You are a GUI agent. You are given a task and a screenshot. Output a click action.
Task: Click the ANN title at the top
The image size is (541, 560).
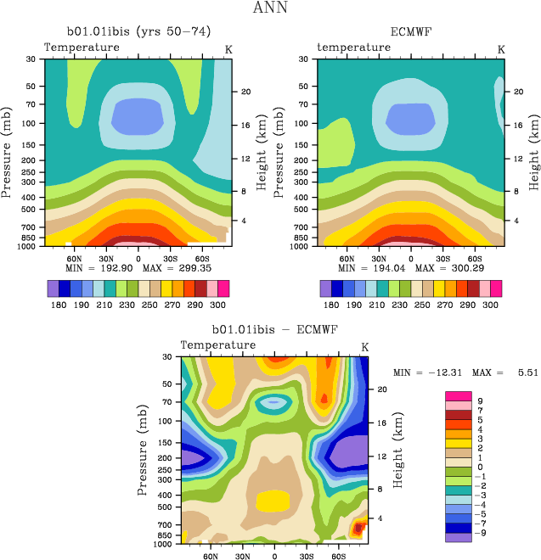270,8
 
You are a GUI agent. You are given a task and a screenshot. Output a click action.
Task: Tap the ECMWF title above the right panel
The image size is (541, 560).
411,33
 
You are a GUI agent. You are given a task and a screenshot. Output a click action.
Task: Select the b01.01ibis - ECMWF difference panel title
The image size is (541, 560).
274,330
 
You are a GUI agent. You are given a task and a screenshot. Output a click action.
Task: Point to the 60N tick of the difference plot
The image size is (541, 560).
211,557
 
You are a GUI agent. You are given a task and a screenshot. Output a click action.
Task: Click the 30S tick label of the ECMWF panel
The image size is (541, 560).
442,257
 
